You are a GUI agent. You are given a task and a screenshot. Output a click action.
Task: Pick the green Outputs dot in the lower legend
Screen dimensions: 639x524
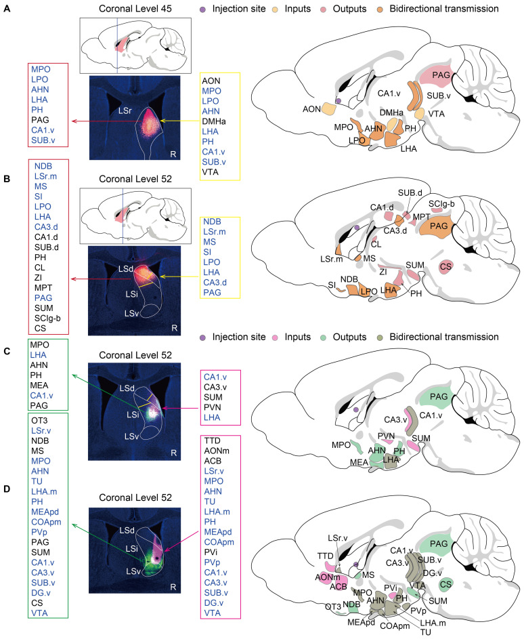[328, 337]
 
